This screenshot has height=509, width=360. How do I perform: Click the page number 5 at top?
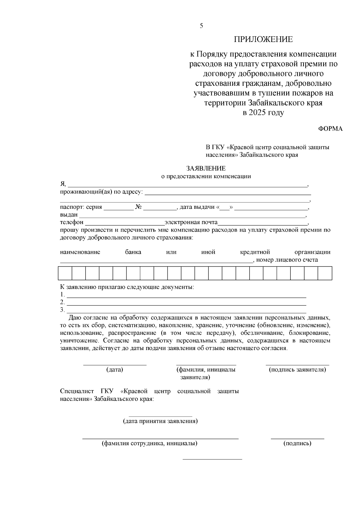tap(201, 26)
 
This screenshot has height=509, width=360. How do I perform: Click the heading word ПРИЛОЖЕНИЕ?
tap(263, 39)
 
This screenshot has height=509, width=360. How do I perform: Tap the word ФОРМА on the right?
tap(330, 129)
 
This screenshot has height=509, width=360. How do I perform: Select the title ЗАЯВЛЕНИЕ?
tap(206, 169)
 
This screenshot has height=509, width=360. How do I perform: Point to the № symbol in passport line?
tap(138, 207)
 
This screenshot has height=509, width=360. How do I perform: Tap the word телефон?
tap(72, 222)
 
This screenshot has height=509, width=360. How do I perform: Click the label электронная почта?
tap(191, 222)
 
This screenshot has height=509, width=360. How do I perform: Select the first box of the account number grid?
tap(65, 273)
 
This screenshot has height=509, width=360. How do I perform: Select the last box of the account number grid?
tap(325, 273)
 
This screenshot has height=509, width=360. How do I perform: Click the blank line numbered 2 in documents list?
tap(186, 304)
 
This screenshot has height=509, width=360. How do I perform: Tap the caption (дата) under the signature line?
tap(115, 370)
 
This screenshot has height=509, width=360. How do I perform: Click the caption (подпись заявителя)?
tap(297, 370)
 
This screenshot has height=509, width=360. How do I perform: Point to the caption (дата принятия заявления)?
tap(160, 421)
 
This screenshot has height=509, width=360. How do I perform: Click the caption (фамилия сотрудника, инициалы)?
tap(149, 443)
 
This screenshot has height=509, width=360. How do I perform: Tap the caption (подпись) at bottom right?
tap(297, 443)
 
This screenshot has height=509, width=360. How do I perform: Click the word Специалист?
tap(76, 391)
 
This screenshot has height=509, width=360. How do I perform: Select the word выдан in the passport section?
tap(69, 215)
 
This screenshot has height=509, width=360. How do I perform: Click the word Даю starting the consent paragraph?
tap(75, 318)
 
